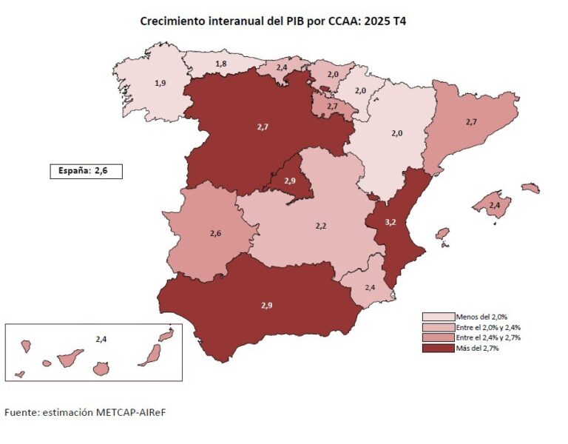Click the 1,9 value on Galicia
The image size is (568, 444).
[x=160, y=83]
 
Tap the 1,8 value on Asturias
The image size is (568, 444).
[x=221, y=64]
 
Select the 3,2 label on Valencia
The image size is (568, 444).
[x=391, y=221]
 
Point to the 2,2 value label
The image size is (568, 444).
[x=321, y=225]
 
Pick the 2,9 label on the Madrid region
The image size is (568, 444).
[x=289, y=181]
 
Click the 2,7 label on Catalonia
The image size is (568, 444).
[x=470, y=121]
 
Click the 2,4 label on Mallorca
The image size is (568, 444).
[x=495, y=205]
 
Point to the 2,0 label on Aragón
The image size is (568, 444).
[x=397, y=133]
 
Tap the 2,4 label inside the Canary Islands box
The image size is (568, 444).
[x=101, y=339]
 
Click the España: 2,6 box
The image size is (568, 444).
[x=84, y=171]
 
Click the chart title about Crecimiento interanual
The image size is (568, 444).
[x=273, y=21]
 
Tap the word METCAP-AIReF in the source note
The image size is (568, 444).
[x=137, y=411]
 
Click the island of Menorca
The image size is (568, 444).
[x=530, y=189]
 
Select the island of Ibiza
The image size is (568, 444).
[x=442, y=234]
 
